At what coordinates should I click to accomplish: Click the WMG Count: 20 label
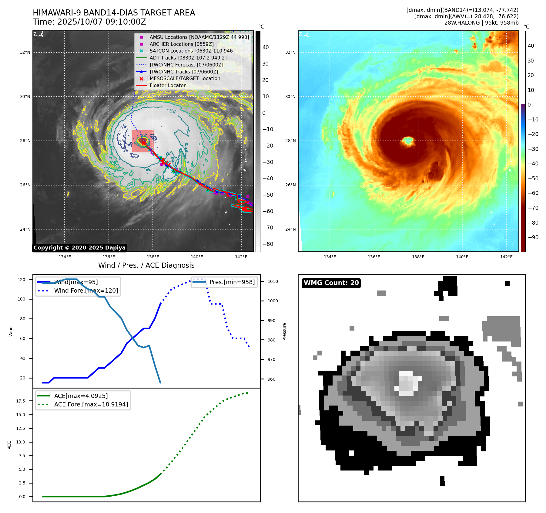point(331,283)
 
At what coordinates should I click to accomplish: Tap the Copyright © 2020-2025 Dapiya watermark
point(79,248)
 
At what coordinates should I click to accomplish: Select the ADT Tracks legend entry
point(188,58)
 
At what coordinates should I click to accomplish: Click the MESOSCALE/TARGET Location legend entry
point(185,78)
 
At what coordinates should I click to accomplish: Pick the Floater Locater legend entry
point(167,85)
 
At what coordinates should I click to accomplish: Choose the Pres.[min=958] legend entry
point(232,282)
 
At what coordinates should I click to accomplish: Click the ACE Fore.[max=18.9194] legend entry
point(91,404)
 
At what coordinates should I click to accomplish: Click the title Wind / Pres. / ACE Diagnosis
point(146,265)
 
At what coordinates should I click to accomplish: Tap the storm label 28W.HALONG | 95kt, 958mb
point(481,23)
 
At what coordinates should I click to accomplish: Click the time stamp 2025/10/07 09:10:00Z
point(102,22)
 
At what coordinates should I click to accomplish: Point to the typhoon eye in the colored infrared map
point(408,141)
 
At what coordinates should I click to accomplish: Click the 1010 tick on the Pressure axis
point(273,281)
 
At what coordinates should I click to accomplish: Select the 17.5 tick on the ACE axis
point(21,401)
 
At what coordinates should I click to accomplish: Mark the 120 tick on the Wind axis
point(22,280)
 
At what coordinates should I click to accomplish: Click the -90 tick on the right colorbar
point(533,237)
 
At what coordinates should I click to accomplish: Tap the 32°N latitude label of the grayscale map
point(25,53)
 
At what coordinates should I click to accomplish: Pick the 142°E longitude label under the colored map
point(506,257)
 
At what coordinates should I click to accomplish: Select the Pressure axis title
point(284,331)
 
